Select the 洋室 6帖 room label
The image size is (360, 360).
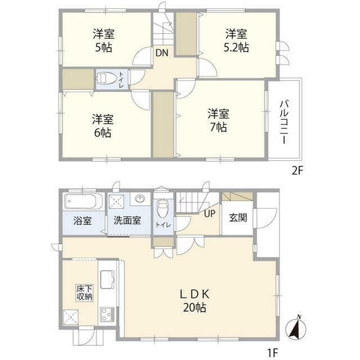pyautogui.click(x=103, y=126)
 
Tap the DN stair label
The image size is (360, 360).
pyautogui.click(x=162, y=54)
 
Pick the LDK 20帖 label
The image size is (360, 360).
pyautogui.click(x=195, y=300)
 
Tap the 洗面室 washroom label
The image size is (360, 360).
pyautogui.click(x=127, y=220)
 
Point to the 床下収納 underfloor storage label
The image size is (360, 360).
pyautogui.click(x=85, y=293)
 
